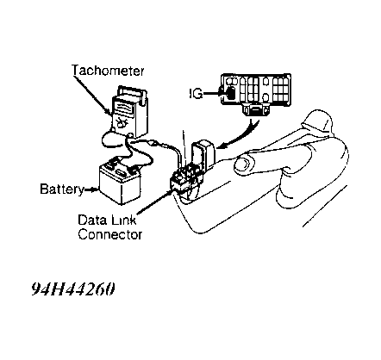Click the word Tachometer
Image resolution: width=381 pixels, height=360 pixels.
tap(108, 71)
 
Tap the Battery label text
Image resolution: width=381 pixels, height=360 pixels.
tap(61, 189)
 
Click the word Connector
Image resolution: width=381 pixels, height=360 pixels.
tap(110, 234)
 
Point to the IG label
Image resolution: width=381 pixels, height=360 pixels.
tap(197, 94)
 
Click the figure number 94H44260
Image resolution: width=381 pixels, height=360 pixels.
tap(73, 289)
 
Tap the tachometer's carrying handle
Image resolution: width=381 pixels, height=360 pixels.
tap(132, 91)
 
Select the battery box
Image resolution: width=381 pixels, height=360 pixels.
tap(120, 183)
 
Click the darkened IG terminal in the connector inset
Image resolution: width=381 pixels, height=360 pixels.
tap(230, 93)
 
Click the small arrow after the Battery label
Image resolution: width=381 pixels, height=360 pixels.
tap(91, 189)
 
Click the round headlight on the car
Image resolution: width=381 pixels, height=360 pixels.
tap(244, 164)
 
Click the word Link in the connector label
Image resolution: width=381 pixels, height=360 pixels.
tap(122, 220)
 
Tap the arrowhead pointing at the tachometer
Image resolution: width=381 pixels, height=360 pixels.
tap(108, 112)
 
